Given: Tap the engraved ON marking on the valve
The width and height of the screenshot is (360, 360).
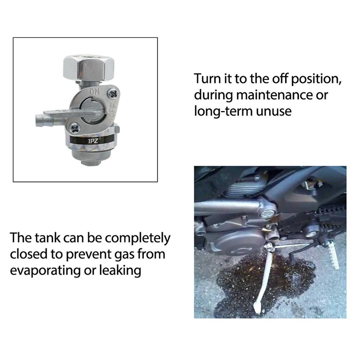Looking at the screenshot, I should [x=95, y=91].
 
